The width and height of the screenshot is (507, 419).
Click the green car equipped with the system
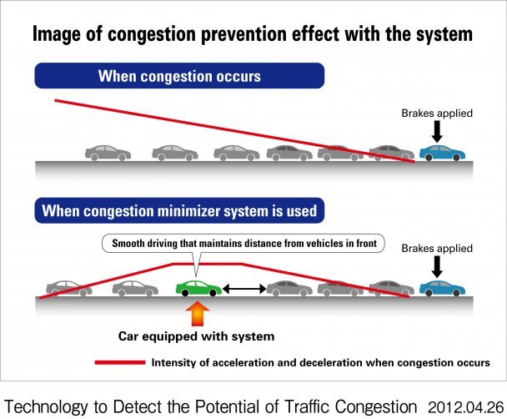(x=198, y=288)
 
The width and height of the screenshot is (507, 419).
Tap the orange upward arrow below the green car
(x=198, y=314)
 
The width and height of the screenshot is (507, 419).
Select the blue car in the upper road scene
(x=442, y=153)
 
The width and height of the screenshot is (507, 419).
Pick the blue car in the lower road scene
(x=442, y=288)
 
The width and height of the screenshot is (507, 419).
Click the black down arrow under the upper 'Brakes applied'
(x=437, y=131)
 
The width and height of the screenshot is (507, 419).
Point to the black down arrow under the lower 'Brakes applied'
(x=437, y=266)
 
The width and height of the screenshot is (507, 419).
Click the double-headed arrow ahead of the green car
(x=244, y=289)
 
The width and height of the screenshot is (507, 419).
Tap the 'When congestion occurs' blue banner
(x=179, y=76)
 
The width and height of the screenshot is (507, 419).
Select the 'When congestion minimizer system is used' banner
(x=179, y=210)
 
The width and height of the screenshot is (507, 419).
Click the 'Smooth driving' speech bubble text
(x=244, y=244)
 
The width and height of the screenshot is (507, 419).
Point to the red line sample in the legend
(x=120, y=362)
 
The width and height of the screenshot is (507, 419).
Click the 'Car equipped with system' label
(x=196, y=336)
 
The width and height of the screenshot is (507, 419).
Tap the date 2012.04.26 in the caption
(x=466, y=407)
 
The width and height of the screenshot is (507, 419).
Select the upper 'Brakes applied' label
(x=437, y=114)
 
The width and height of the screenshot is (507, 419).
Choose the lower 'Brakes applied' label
(x=437, y=249)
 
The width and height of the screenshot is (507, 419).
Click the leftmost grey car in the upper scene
(x=108, y=153)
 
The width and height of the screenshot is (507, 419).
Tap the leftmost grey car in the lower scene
(x=69, y=288)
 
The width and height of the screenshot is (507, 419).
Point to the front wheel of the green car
(x=213, y=293)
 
